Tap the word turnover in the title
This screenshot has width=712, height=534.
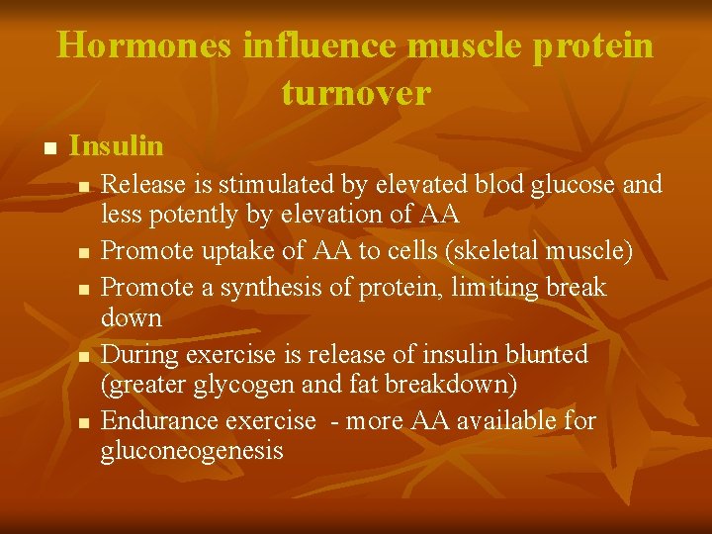coord(356,92)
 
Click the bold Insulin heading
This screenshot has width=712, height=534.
coord(117,146)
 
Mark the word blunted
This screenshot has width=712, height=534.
coord(545,354)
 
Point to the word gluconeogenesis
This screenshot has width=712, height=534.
coord(192,451)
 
